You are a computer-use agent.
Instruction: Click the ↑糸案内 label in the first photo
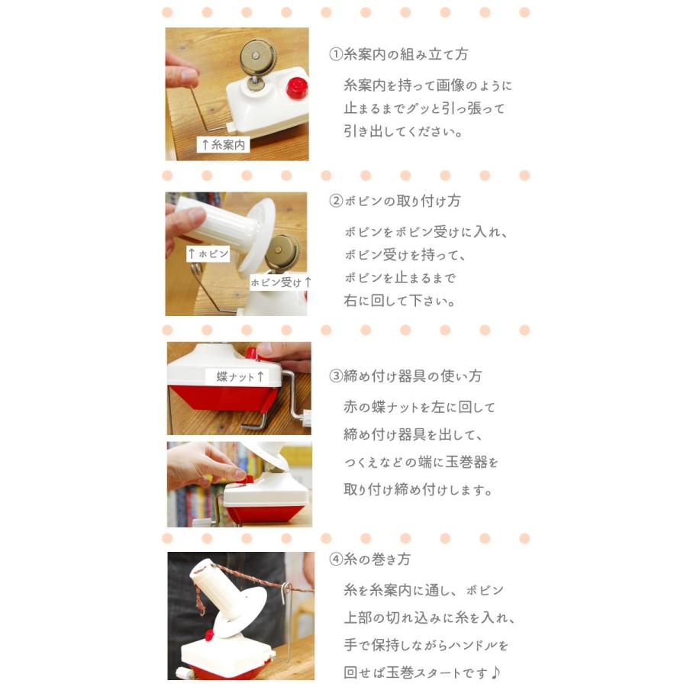223,144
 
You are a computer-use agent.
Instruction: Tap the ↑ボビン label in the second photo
208,254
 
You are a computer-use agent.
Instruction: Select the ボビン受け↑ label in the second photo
281,282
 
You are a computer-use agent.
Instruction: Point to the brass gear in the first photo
257,55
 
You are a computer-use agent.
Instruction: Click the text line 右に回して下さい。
399,301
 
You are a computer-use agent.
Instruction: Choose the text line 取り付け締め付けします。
418,490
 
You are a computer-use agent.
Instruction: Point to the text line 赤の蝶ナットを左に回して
419,408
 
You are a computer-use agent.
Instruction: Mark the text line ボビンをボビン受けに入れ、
426,232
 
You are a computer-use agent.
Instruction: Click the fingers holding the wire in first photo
180,73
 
